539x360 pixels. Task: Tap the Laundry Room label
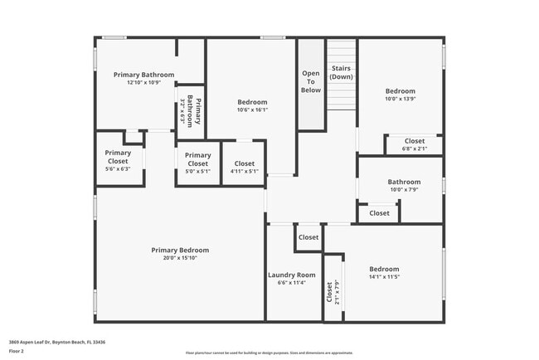pyautogui.click(x=292, y=275)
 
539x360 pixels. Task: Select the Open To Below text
pyautogui.click(x=311, y=81)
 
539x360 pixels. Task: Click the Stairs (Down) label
pyautogui.click(x=341, y=72)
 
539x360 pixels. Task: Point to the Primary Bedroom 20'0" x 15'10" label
pyautogui.click(x=180, y=254)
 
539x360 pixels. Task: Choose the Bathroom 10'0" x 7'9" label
pyautogui.click(x=404, y=186)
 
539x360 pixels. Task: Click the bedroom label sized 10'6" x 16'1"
pyautogui.click(x=252, y=105)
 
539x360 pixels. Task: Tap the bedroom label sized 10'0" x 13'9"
pyautogui.click(x=400, y=95)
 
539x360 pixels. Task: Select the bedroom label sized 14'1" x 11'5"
pyautogui.click(x=384, y=273)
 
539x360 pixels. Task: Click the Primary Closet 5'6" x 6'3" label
pyautogui.click(x=118, y=160)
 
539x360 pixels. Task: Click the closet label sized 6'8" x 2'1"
pyautogui.click(x=413, y=145)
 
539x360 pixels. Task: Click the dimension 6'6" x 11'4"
pyautogui.click(x=292, y=282)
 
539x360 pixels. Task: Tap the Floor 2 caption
pyautogui.click(x=17, y=351)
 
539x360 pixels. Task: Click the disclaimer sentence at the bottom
pyautogui.click(x=269, y=352)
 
